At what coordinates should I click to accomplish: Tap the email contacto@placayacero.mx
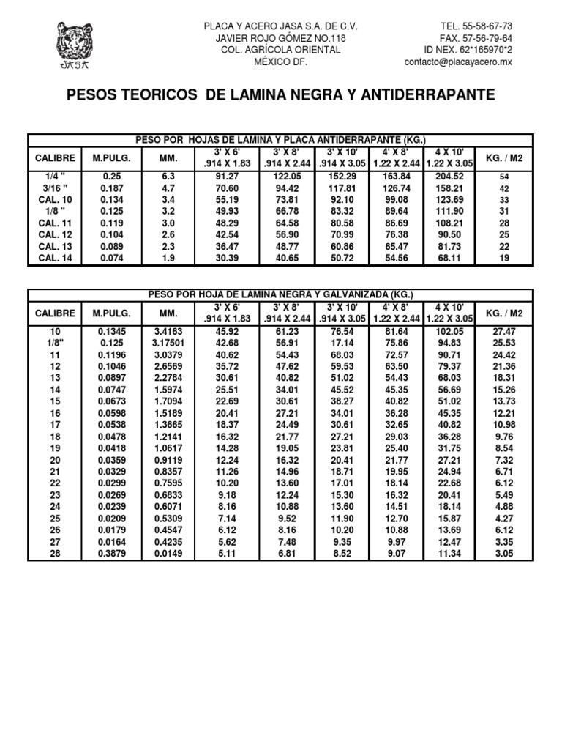click(x=458, y=62)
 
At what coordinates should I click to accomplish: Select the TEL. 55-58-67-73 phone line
click(x=476, y=26)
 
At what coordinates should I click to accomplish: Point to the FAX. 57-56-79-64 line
click(x=476, y=38)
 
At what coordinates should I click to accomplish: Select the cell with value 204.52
click(x=449, y=176)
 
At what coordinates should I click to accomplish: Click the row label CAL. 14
click(x=55, y=258)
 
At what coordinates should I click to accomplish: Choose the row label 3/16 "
click(x=55, y=187)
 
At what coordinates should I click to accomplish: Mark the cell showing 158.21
click(x=449, y=187)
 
